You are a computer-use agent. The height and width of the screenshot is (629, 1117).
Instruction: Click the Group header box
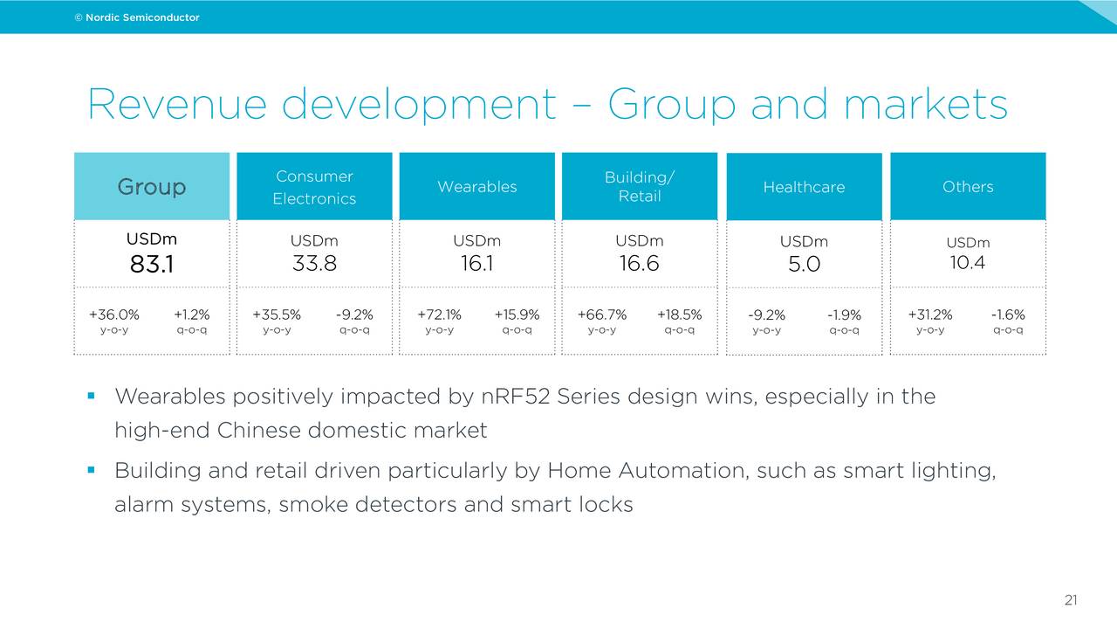(152, 186)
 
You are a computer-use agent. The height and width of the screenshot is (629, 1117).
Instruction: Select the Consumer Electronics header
(314, 187)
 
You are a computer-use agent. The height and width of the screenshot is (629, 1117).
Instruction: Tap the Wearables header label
(476, 186)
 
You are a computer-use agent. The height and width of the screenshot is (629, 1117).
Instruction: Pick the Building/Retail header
(640, 186)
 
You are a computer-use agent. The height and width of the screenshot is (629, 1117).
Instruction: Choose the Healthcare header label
(804, 187)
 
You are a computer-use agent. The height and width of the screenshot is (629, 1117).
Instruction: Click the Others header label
(968, 186)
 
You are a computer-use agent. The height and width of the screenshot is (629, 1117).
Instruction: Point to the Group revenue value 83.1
(152, 264)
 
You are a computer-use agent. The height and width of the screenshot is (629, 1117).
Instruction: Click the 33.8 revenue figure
(314, 263)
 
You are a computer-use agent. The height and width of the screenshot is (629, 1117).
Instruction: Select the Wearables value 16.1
(476, 263)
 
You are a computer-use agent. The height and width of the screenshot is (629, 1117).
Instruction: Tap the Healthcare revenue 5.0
(804, 264)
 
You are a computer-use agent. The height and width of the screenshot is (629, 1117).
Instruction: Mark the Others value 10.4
(968, 262)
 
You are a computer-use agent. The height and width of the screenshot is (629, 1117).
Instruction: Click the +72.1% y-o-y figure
(439, 314)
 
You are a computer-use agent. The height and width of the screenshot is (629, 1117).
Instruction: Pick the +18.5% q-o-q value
(679, 314)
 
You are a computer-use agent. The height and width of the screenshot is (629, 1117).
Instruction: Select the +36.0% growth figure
(114, 314)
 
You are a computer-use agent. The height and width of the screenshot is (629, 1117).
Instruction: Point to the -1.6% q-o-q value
(1008, 314)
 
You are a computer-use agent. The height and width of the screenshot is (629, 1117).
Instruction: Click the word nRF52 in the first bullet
(515, 397)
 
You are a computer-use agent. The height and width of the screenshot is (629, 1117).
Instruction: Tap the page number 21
(1071, 600)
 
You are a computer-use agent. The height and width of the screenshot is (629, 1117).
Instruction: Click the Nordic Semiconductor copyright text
(137, 17)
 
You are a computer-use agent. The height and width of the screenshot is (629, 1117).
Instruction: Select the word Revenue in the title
(176, 105)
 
